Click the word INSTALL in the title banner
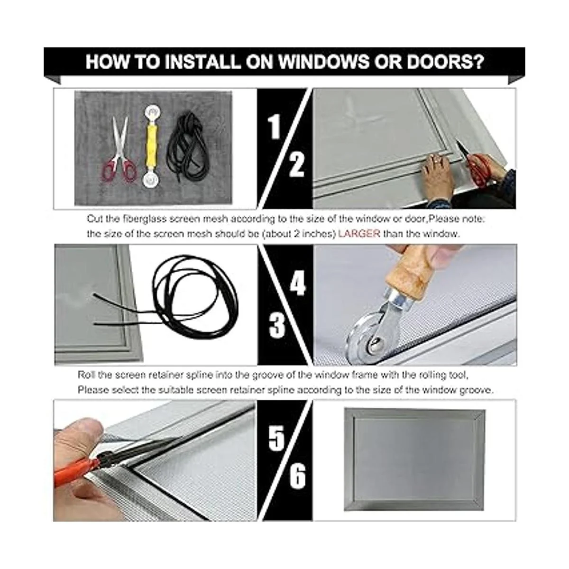coord(202,62)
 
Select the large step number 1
coord(275,127)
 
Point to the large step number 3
coord(277,326)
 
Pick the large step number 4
coord(298,283)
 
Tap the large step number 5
coord(276,439)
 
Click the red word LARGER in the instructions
coord(359,234)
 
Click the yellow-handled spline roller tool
coord(151,147)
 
